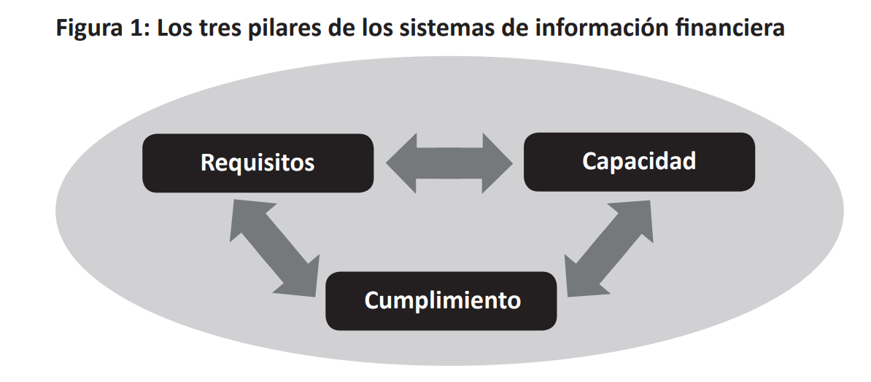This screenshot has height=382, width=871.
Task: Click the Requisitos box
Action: pos(258,163)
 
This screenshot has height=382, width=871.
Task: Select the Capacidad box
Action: pos(638,161)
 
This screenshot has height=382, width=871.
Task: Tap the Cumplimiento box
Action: pos(441,300)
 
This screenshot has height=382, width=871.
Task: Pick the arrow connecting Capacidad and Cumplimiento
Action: pos(608,246)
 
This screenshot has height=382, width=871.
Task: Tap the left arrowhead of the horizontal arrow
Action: pos(402,163)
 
